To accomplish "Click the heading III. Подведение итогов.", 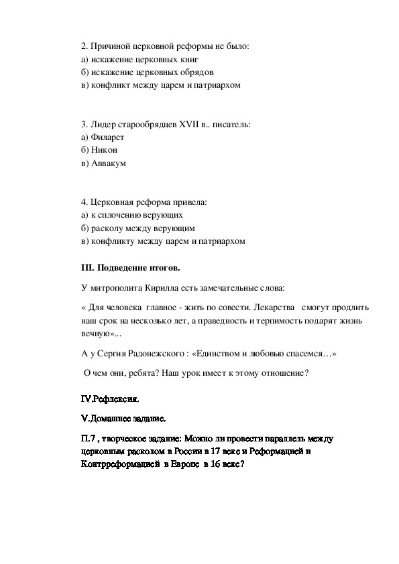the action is point(130,268).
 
